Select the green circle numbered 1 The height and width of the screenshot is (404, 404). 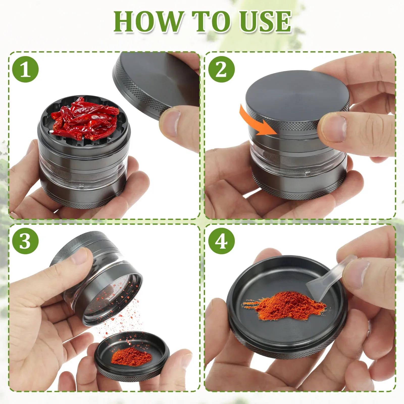(x=25, y=69)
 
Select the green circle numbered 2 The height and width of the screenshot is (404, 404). (x=221, y=69)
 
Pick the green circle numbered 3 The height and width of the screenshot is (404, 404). (x=25, y=241)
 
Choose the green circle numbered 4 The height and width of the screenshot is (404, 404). (x=221, y=241)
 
